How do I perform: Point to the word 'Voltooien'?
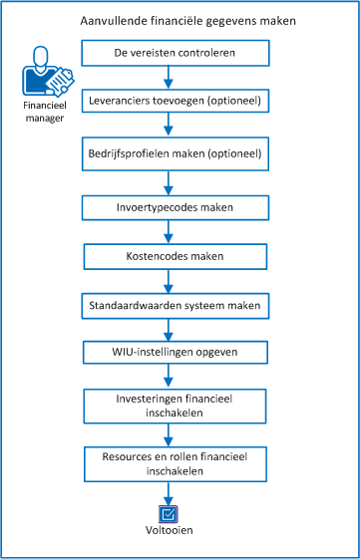tap(169, 531)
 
